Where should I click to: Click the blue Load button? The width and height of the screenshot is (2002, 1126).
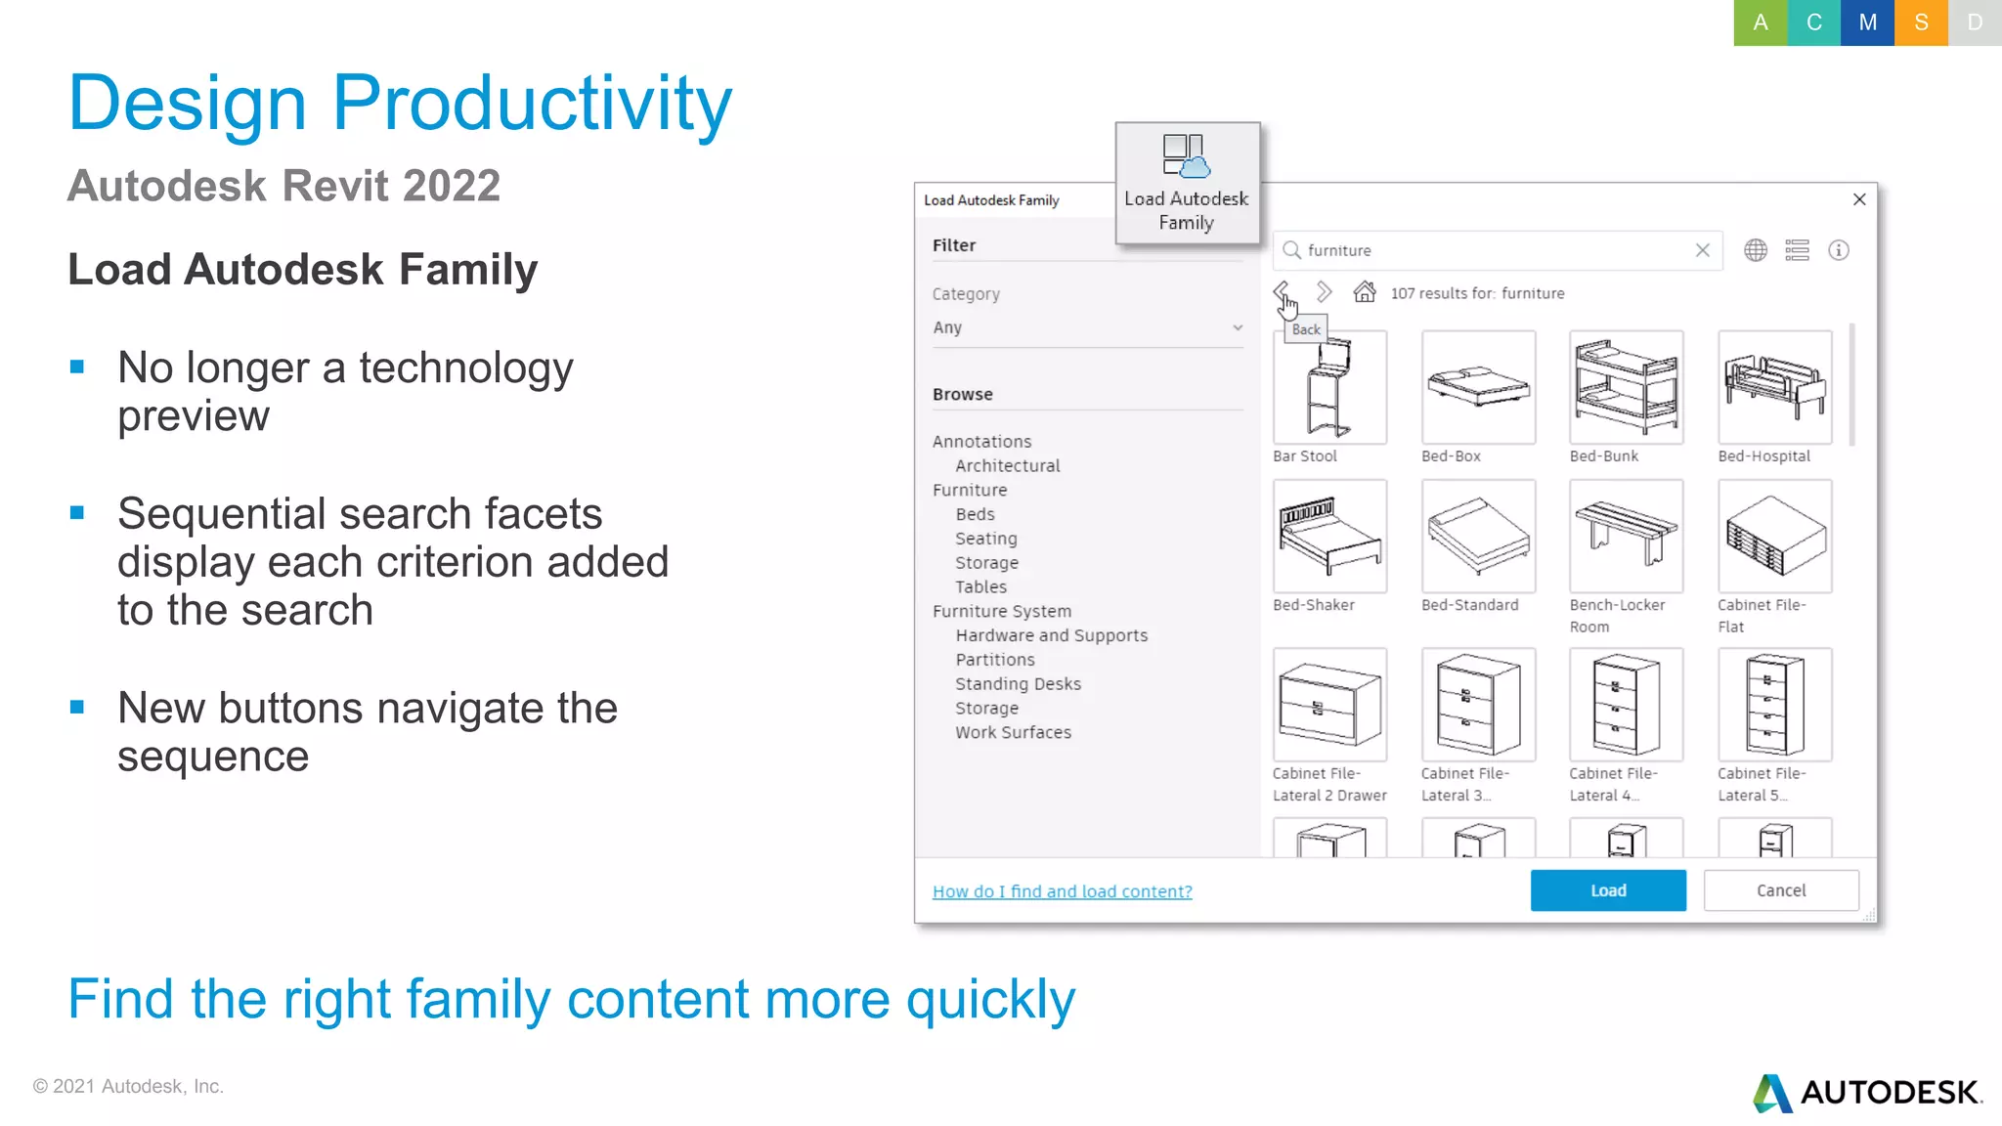[x=1607, y=890]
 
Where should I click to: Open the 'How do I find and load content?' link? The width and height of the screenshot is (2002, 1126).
[x=1062, y=891]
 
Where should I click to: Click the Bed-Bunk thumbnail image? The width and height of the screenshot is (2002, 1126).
[x=1626, y=387]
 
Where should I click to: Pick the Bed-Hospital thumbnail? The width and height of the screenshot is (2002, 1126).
[x=1774, y=387]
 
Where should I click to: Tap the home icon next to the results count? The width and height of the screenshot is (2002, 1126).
[x=1365, y=292]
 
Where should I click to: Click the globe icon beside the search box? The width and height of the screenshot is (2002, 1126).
[x=1756, y=250]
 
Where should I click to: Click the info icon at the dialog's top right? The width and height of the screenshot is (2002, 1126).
[x=1839, y=250]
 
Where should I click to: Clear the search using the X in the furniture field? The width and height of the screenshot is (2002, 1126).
[x=1702, y=250]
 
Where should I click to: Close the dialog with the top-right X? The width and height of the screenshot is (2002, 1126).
[x=1859, y=199]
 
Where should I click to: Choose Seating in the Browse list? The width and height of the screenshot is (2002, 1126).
[x=985, y=539]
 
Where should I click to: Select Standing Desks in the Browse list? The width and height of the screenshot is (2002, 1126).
[x=1018, y=684]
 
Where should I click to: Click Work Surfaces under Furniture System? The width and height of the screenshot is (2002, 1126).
[x=1013, y=732]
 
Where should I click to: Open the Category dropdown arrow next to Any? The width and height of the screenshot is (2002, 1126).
[x=1238, y=327]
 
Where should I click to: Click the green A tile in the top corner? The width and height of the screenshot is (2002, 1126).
[x=1760, y=22]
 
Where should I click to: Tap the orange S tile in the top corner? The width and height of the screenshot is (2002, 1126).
[x=1921, y=22]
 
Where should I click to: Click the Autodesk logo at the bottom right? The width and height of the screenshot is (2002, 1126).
[x=1867, y=1092]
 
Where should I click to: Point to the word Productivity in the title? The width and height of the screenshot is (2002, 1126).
[x=532, y=104]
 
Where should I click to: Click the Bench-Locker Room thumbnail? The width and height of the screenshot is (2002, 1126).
[x=1626, y=536]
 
